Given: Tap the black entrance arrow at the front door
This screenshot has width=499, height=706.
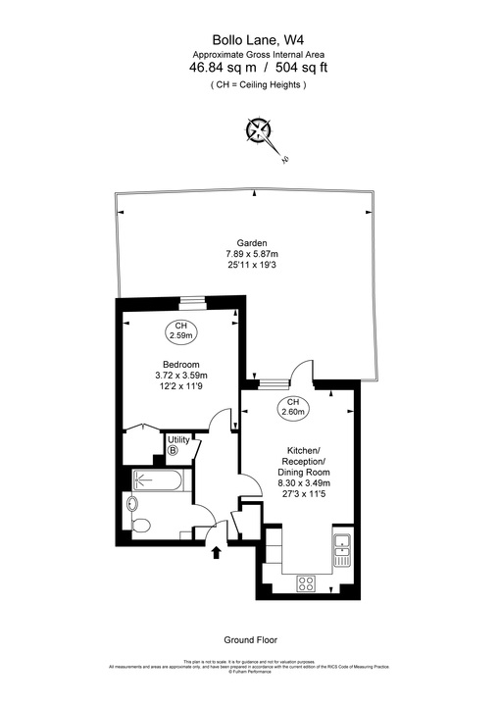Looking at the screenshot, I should pos(217,553).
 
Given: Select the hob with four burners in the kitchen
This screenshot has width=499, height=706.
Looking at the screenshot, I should pos(306,581).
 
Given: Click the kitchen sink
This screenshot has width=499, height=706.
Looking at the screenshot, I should pos(341,551).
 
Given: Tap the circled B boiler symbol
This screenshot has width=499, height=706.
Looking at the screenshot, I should pos(174,451).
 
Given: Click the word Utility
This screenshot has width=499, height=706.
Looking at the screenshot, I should pos(178,439).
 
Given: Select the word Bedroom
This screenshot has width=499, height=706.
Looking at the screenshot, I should pos(181,364).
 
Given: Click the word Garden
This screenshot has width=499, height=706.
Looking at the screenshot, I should pos(252,243).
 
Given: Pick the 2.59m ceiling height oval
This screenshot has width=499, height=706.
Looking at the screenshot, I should pos(180,330).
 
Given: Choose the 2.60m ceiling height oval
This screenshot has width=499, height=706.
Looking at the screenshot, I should pos(292,408).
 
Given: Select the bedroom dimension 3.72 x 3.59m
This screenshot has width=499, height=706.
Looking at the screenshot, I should pos(181,375).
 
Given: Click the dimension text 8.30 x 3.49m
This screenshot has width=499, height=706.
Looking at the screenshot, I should pos(303,482).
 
